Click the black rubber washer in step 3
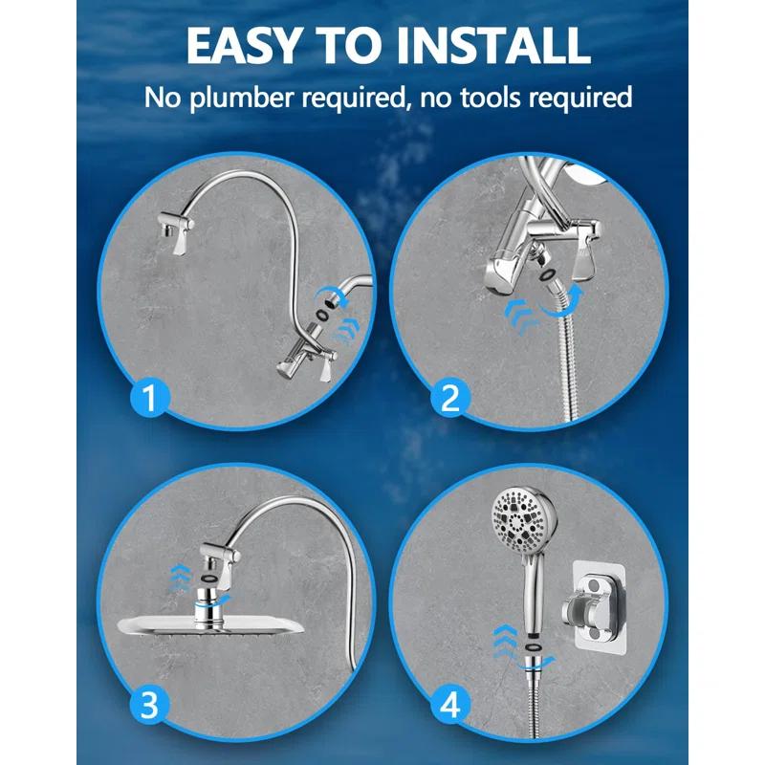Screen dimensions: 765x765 [x=207, y=580]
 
